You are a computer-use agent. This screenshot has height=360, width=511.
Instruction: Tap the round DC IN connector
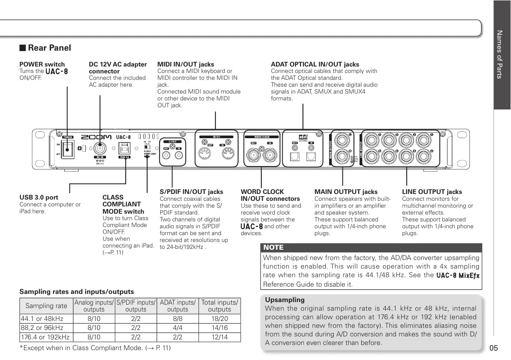[x=100, y=149]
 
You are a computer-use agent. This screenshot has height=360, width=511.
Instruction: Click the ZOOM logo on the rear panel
[x=97, y=137]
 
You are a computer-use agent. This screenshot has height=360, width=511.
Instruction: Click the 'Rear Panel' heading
[x=49, y=48]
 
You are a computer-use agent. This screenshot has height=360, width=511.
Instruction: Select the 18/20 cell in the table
[x=219, y=319]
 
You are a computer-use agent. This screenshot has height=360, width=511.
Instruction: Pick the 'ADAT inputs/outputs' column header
[x=178, y=306]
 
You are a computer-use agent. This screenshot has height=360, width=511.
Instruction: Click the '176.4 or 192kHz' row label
[x=45, y=337]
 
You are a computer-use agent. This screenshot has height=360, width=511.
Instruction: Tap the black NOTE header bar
[x=371, y=248]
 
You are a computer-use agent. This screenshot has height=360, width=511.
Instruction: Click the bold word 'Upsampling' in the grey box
[x=284, y=300]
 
